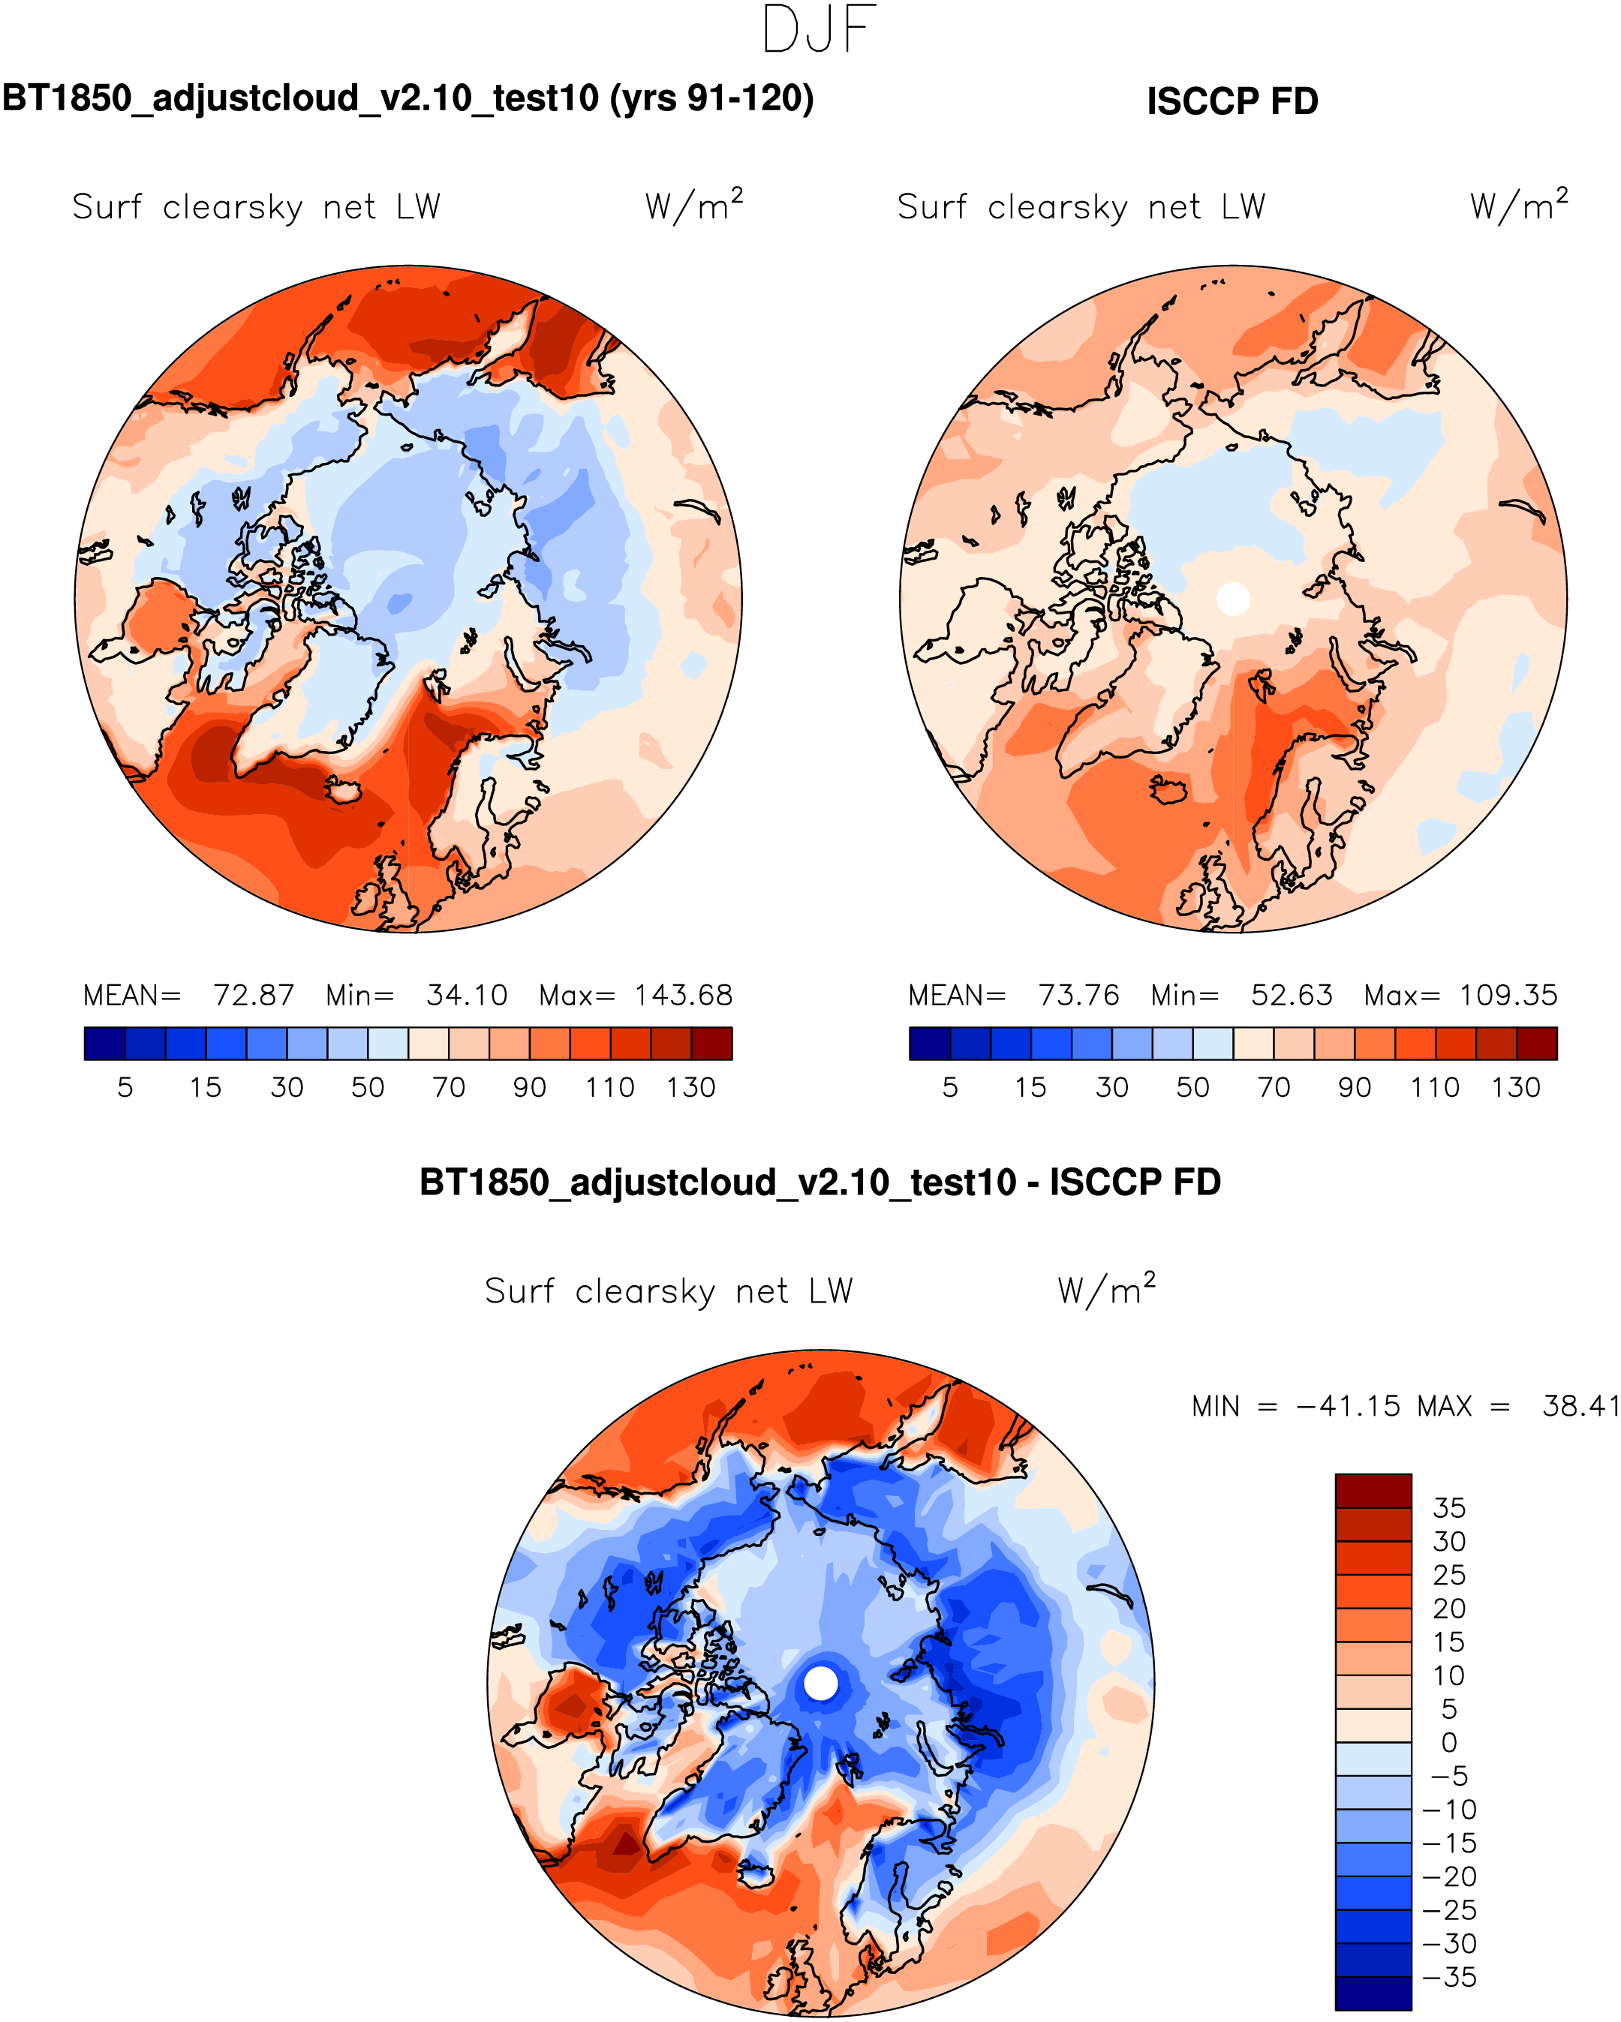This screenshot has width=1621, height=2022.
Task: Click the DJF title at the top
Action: point(819,30)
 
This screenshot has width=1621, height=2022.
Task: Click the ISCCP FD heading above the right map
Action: point(1232,101)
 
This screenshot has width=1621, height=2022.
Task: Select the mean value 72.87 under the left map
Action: point(254,995)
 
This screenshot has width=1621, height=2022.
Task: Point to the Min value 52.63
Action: point(1291,995)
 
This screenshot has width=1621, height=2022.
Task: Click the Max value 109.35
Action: point(1508,995)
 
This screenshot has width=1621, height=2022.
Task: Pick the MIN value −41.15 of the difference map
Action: point(1347,1406)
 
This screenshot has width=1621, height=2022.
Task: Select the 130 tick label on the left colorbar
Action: point(690,1088)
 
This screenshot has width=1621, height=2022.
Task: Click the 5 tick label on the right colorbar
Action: point(949,1088)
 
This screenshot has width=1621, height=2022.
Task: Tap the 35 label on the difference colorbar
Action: point(1448,1508)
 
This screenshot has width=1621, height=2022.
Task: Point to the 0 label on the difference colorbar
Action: point(1448,1742)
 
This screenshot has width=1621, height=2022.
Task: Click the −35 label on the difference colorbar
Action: point(1448,1977)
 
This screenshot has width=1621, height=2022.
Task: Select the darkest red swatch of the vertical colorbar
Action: point(1373,1492)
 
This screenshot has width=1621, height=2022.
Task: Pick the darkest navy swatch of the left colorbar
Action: point(104,1044)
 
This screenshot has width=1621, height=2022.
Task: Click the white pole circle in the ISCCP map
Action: point(1232,599)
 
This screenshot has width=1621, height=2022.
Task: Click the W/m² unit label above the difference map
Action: point(1106,1290)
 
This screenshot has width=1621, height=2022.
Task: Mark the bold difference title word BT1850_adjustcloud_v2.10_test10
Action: point(717,1182)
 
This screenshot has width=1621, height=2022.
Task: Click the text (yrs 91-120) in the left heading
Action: point(712,98)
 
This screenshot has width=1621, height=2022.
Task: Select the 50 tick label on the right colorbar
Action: point(1192,1088)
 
